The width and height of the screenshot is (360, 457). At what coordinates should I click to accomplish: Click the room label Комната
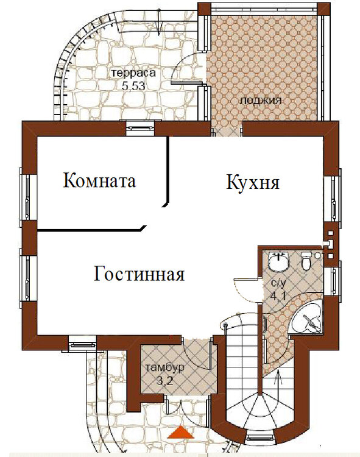[x=100, y=180]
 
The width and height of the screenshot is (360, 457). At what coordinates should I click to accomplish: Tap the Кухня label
[x=253, y=182]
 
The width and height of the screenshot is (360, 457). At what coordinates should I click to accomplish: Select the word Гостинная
[x=139, y=274]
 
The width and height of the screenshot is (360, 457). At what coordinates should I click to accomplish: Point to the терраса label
[x=134, y=73]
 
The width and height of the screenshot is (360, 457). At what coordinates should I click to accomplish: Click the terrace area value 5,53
[x=133, y=86]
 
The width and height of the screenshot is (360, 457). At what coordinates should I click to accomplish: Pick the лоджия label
[x=260, y=101]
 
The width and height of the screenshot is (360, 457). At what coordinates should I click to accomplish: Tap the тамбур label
[x=165, y=367]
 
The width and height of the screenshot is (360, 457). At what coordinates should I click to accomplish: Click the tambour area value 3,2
[x=165, y=381]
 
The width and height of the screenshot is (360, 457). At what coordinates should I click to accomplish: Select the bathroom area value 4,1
[x=278, y=296]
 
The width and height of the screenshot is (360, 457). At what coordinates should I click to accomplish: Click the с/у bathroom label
[x=278, y=283]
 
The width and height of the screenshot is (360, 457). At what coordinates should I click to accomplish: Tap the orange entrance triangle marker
[x=181, y=432]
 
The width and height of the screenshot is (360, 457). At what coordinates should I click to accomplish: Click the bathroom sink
[x=278, y=261]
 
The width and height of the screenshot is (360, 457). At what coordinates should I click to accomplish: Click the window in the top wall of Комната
[x=140, y=128]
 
